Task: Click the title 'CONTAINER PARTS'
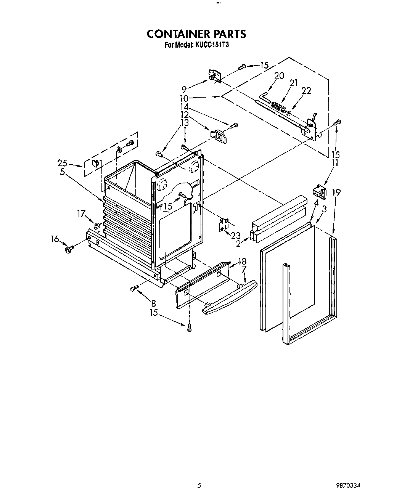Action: (x=196, y=34)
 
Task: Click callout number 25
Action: (x=63, y=163)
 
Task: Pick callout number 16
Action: (x=55, y=239)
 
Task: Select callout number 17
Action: (x=81, y=214)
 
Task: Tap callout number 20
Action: (x=279, y=75)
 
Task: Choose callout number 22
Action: (x=306, y=91)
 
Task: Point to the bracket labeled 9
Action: (x=215, y=76)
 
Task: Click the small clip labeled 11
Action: (x=319, y=192)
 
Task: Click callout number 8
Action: (x=153, y=303)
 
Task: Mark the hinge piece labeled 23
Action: (x=224, y=225)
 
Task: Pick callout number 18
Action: (x=242, y=262)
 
